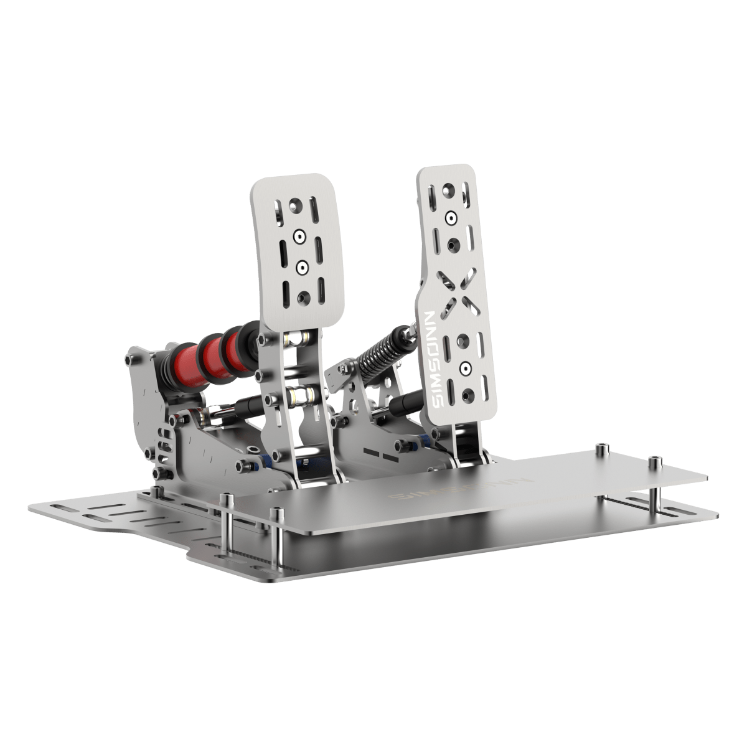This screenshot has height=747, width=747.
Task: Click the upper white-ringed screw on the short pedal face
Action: coord(300,236)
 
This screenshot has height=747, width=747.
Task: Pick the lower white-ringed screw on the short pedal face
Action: coord(302,266)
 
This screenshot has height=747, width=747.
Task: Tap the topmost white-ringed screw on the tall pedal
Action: coord(450,217)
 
